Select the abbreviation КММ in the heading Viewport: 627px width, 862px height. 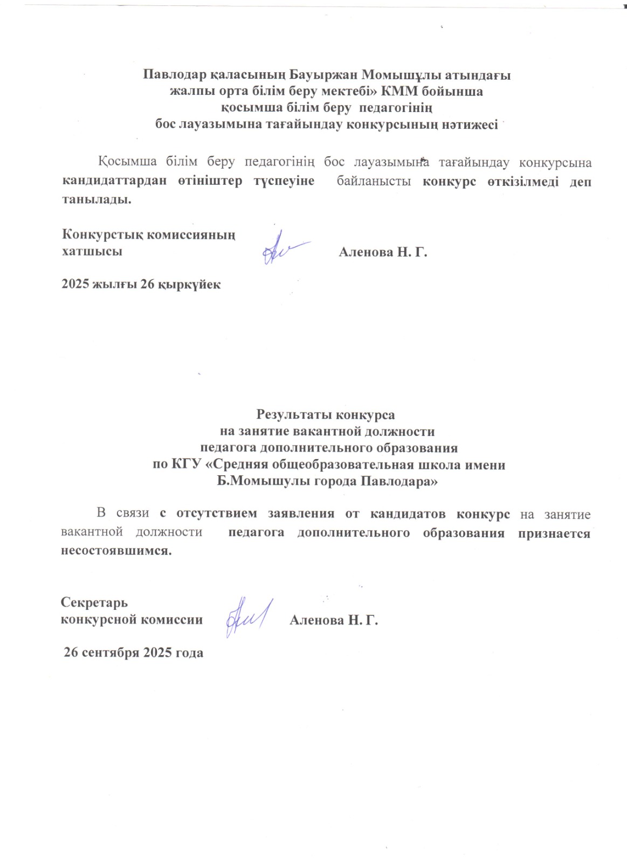point(403,92)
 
